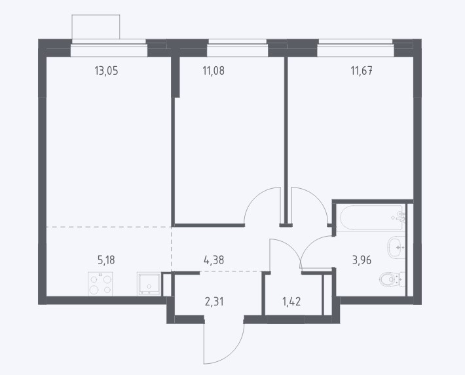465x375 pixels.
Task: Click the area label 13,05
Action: [106, 71]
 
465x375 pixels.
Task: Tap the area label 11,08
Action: [214, 71]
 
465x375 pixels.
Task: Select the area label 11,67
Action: [362, 71]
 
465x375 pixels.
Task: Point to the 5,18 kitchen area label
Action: [106, 260]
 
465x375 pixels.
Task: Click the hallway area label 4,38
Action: [214, 260]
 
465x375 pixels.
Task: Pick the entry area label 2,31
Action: [214, 302]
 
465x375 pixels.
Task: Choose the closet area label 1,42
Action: [291, 302]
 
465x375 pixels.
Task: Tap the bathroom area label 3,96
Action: [362, 260]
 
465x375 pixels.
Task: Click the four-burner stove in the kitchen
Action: [100, 284]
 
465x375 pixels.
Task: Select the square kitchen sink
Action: [149, 284]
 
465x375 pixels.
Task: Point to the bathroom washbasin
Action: [396, 247]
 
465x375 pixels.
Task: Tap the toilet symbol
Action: [392, 279]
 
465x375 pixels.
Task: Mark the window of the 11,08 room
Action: [237, 47]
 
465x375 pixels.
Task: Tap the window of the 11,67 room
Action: [356, 47]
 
